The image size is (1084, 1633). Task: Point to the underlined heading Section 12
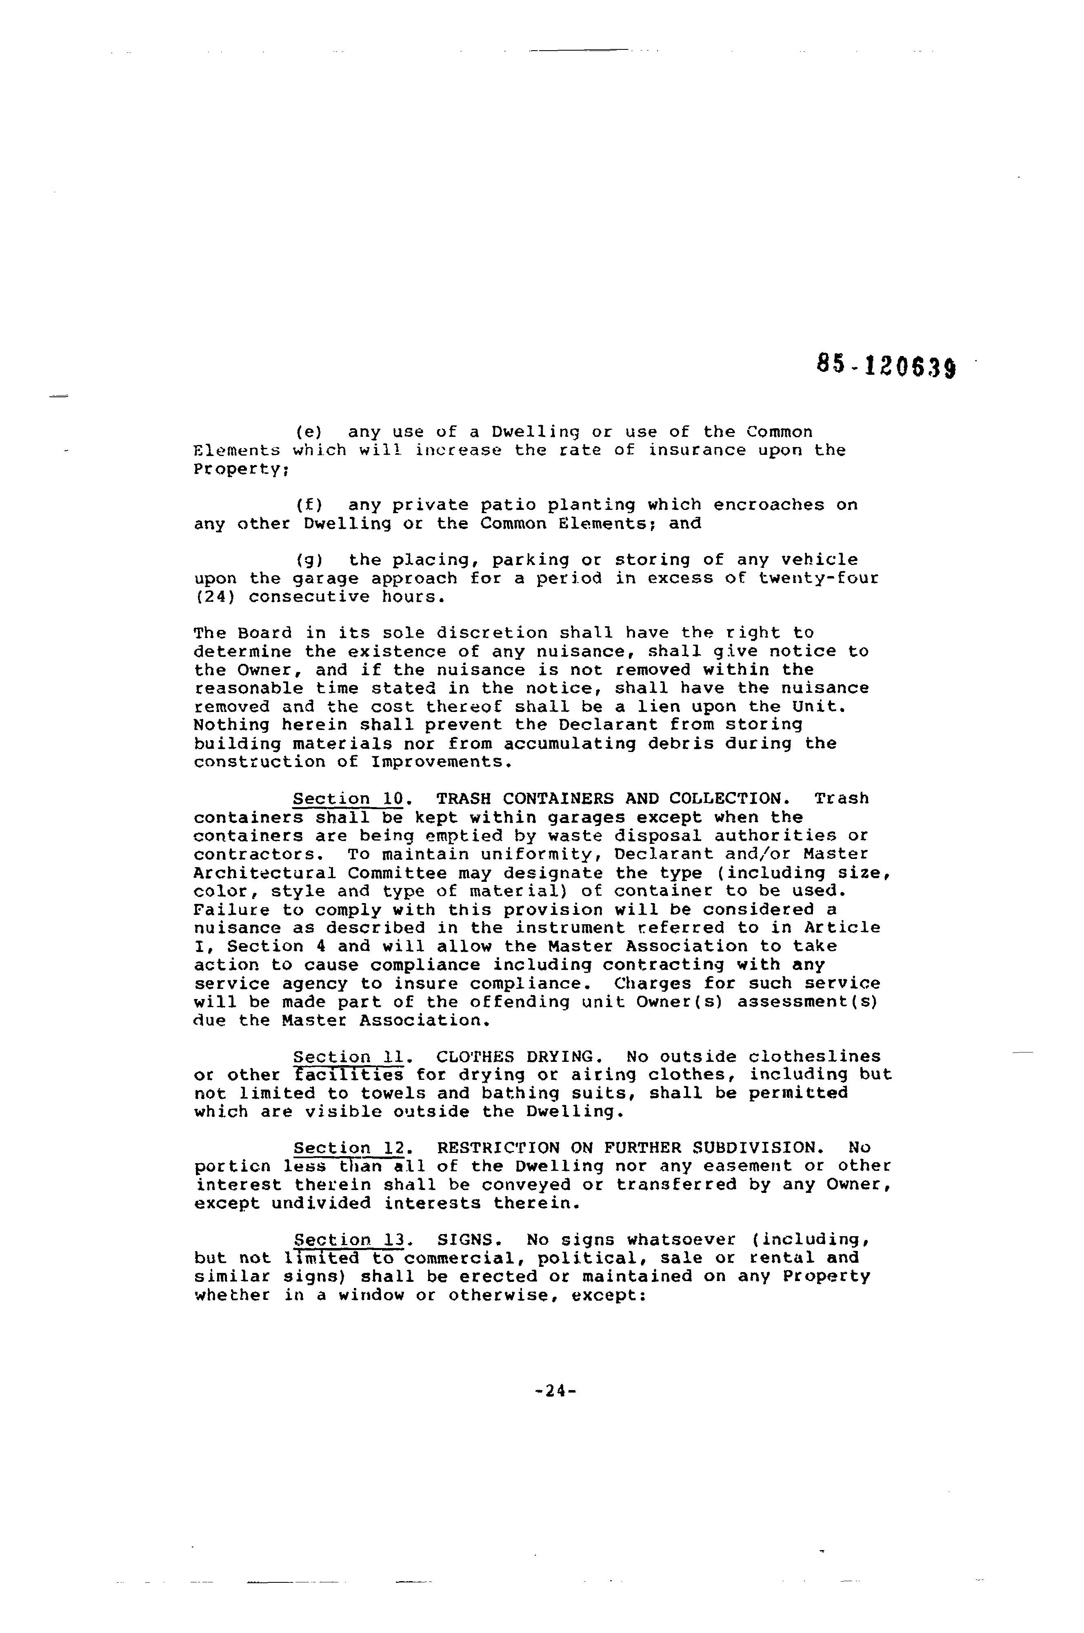349,1148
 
